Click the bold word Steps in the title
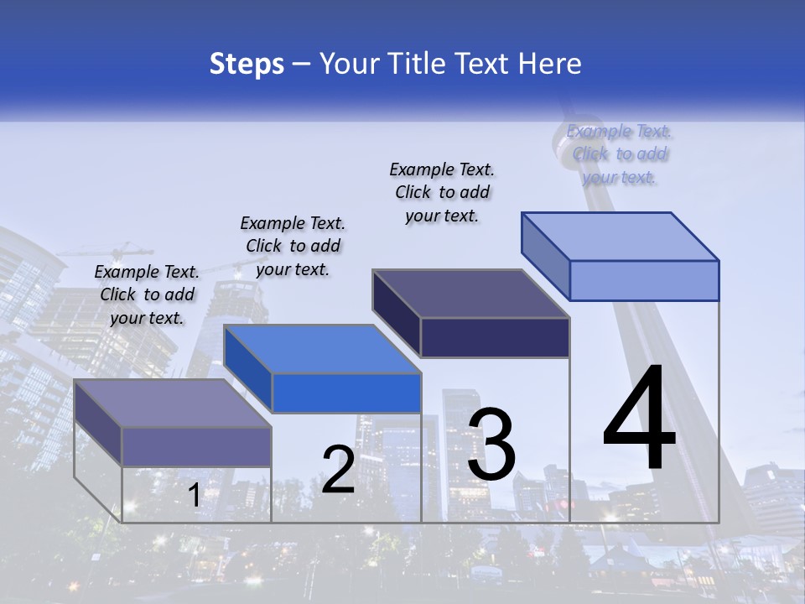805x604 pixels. click(247, 64)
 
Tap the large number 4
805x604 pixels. click(639, 419)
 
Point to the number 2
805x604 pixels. click(338, 470)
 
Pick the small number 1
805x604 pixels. click(194, 496)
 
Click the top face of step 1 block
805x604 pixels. click(173, 404)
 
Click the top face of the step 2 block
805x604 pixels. click(322, 349)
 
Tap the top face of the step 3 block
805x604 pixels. click(471, 294)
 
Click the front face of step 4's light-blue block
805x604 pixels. click(644, 280)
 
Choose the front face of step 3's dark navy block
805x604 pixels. click(495, 337)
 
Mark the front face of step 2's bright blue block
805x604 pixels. click(345, 393)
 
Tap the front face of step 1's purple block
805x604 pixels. click(196, 446)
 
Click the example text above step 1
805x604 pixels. click(147, 294)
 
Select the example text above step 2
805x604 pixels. click(293, 246)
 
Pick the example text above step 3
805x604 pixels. click(442, 192)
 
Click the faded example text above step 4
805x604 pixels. click(619, 154)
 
